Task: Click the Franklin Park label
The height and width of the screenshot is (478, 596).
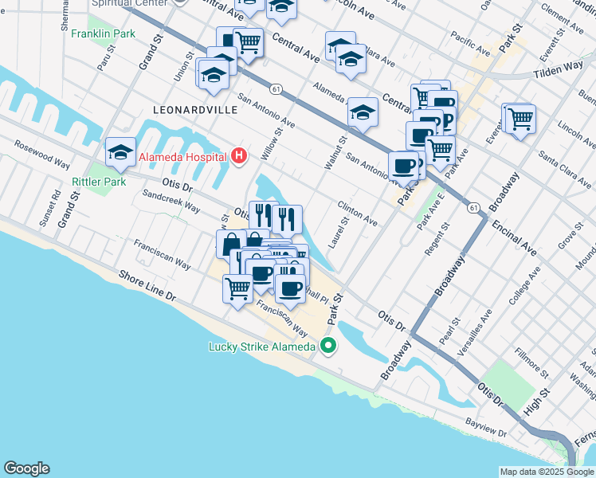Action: [x=103, y=34]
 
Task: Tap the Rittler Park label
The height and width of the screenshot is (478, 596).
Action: [x=99, y=182]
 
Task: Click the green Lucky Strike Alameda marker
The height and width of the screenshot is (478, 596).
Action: [x=327, y=346]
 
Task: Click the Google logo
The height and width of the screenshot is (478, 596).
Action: [x=26, y=468]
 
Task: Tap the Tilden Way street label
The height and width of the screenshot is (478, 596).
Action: [x=557, y=72]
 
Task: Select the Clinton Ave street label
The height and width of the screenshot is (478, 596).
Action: [x=356, y=210]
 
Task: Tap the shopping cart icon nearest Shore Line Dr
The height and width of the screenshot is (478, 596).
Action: [x=237, y=288]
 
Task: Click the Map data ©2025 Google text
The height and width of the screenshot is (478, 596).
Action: [x=546, y=472]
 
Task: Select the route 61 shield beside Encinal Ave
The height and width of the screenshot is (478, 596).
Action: [x=474, y=208]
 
